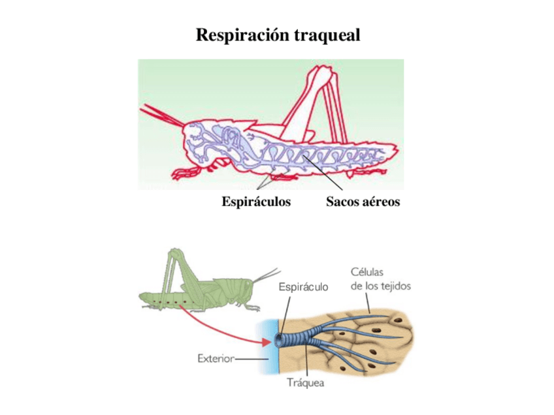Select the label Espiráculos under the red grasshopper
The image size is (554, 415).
tap(256, 202)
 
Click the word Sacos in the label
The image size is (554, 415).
tap(342, 202)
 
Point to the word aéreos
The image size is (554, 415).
tap(380, 202)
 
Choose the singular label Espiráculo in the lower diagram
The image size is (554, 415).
tap(304, 286)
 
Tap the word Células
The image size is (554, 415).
tap(367, 272)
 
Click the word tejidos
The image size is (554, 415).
tap(396, 286)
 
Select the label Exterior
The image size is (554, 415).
tap(216, 358)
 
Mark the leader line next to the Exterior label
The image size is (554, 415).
tap(252, 358)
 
